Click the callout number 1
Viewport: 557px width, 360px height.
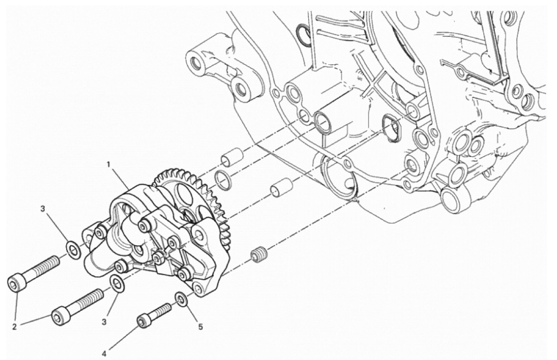click(110, 165)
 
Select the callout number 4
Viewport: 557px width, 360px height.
click(104, 353)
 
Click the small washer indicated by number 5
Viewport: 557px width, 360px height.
click(181, 299)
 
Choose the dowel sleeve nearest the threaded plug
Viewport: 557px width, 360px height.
click(281, 187)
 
